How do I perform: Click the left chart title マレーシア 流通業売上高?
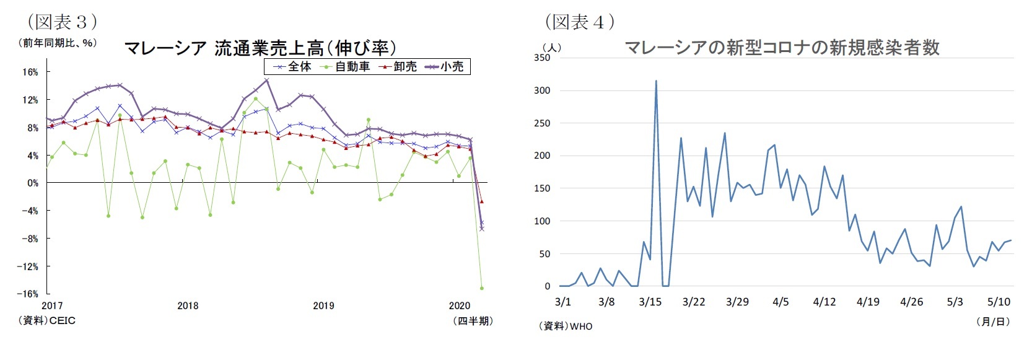(260, 48)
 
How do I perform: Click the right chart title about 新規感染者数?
(782, 48)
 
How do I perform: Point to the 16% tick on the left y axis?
(30, 72)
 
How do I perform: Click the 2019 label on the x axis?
(323, 305)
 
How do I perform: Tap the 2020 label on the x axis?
(460, 305)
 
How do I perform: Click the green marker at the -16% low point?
(481, 288)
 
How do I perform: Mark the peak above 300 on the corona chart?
(656, 81)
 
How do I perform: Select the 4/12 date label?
(824, 302)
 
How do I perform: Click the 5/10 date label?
(999, 302)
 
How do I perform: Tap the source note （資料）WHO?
(566, 326)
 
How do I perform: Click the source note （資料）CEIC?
(47, 320)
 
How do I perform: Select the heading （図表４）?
(580, 22)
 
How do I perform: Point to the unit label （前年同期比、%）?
(58, 43)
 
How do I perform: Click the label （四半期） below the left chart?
(473, 320)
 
